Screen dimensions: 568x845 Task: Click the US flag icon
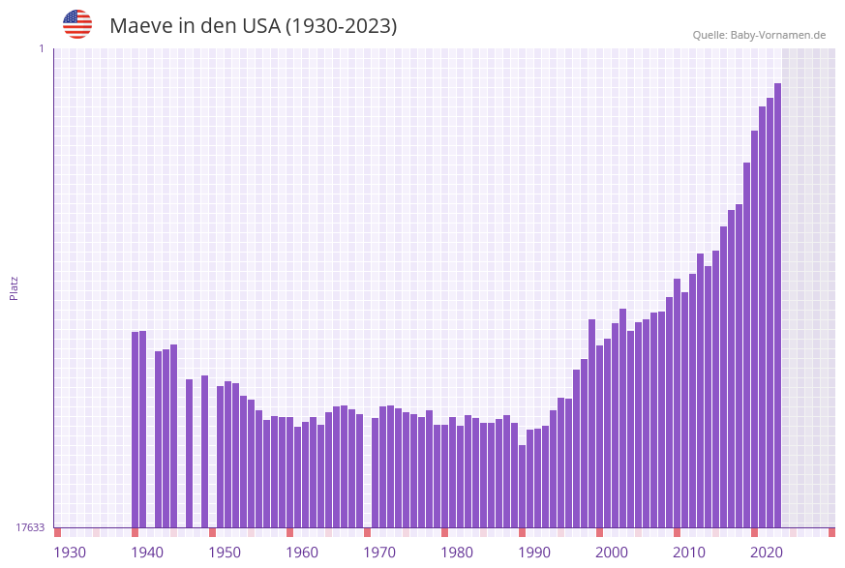click(x=77, y=24)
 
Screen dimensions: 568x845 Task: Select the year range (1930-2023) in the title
click(x=341, y=26)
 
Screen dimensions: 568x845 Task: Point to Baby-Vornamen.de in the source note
click(x=778, y=35)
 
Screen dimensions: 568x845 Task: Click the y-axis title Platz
click(x=14, y=287)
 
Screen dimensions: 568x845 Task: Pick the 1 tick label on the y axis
click(x=41, y=48)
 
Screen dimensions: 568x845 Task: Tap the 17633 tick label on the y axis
click(x=30, y=527)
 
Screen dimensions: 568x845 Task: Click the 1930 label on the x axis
click(x=70, y=553)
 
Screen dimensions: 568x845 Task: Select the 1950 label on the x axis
click(x=225, y=553)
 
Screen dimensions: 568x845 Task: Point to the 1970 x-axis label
click(x=379, y=553)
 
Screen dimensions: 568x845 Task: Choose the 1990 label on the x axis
click(x=534, y=553)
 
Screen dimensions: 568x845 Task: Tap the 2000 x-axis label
click(x=612, y=553)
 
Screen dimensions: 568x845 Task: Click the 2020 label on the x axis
click(x=767, y=553)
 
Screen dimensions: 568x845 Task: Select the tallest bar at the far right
click(x=777, y=305)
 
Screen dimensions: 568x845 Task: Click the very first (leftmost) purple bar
click(x=136, y=429)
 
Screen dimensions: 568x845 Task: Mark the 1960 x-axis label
click(x=302, y=553)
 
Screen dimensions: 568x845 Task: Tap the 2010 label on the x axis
click(x=689, y=553)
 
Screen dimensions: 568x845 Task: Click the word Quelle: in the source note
click(x=709, y=35)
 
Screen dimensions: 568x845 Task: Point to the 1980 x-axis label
click(x=457, y=553)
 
